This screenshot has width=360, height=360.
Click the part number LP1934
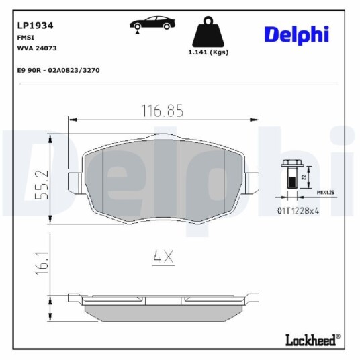(x=35, y=26)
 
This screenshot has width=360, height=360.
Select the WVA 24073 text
(x=37, y=48)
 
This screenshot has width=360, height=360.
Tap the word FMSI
(x=26, y=38)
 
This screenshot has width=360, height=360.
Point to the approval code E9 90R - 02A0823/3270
(x=58, y=70)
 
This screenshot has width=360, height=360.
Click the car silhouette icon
(x=152, y=24)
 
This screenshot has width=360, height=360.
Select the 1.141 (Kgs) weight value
(x=208, y=52)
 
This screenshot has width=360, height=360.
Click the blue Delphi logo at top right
(x=297, y=35)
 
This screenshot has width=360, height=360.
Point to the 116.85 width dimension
(x=162, y=111)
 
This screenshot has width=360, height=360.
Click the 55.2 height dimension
(x=42, y=184)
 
